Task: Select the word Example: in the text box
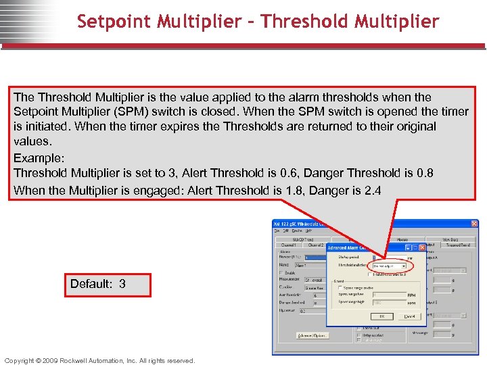38,157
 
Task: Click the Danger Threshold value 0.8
424,173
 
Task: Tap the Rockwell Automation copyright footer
99,360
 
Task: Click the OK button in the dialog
381,316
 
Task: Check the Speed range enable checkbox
340,287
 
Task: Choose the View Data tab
451,239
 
